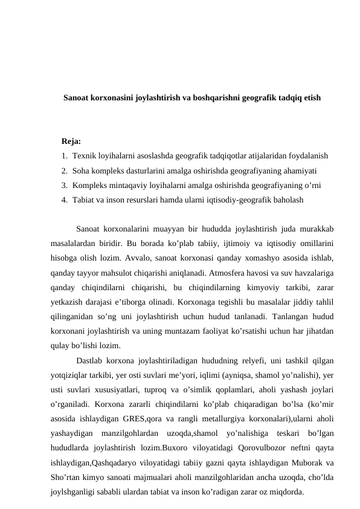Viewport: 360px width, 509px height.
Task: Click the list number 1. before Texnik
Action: tap(65, 155)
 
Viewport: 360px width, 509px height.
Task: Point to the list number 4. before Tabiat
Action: tap(65, 199)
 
